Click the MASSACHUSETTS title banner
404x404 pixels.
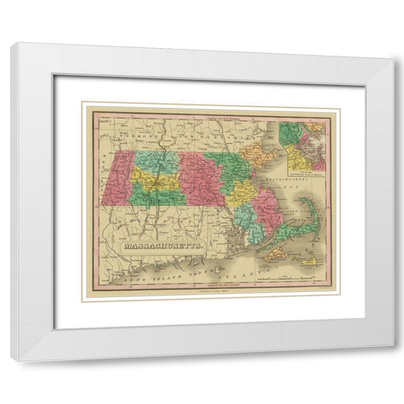pyautogui.click(x=165, y=247)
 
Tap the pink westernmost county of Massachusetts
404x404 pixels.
pyautogui.click(x=115, y=177)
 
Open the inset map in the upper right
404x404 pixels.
pyautogui.click(x=302, y=143)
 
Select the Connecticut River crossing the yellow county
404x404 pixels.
pyautogui.click(x=160, y=181)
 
